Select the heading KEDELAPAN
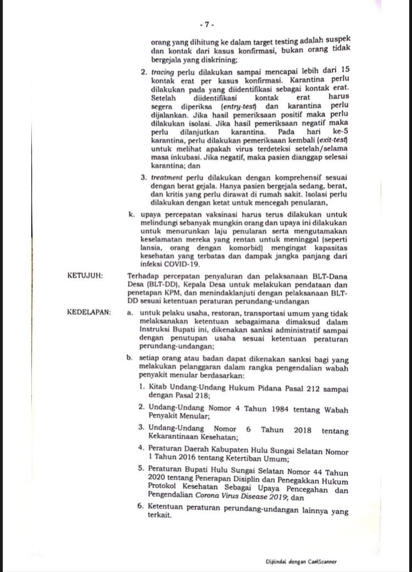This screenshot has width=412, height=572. [88, 313]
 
